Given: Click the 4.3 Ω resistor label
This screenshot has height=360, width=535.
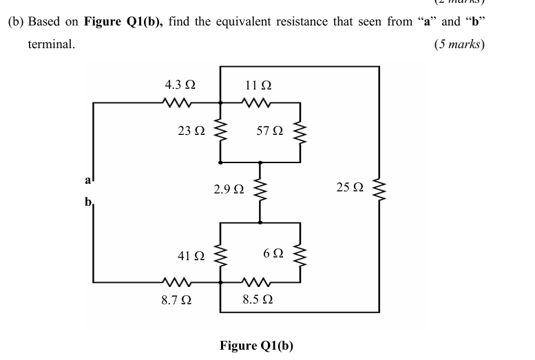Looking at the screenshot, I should [x=180, y=85].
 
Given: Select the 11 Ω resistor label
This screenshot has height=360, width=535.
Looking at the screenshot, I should [x=258, y=85].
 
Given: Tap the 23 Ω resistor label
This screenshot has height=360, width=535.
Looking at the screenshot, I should [x=191, y=130].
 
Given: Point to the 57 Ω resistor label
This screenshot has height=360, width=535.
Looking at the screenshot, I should [x=269, y=130].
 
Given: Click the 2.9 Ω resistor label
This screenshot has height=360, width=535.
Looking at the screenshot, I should [x=229, y=188].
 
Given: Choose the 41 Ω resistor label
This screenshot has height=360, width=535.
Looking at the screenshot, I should [x=191, y=256].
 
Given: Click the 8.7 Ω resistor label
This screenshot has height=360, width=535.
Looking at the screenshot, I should [x=176, y=300].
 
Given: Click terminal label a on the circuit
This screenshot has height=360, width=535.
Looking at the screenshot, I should [x=87, y=181].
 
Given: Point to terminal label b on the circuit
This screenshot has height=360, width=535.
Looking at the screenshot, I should [x=87, y=203].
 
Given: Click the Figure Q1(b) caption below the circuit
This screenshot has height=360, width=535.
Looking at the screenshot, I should [x=256, y=345].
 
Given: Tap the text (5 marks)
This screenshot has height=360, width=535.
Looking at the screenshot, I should [x=459, y=44].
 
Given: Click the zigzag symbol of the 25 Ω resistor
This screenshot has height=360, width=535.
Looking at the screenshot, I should [x=378, y=187].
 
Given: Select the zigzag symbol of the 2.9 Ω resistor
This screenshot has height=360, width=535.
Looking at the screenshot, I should [x=260, y=189].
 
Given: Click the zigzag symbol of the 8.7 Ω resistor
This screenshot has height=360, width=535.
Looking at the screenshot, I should [x=178, y=282].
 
